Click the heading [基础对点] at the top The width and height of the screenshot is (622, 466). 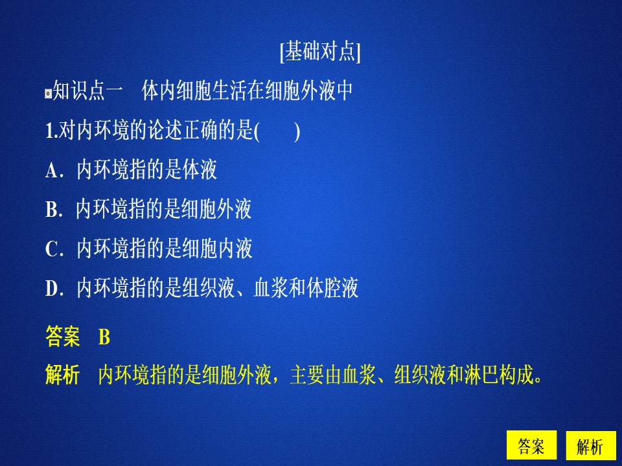pyautogui.click(x=320, y=52)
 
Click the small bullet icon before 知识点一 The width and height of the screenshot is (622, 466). pyautogui.click(x=48, y=93)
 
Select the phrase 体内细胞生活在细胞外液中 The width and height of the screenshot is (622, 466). pyautogui.click(x=247, y=91)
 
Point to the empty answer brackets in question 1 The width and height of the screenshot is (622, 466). pyautogui.click(x=277, y=131)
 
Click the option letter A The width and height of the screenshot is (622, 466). pyautogui.click(x=52, y=171)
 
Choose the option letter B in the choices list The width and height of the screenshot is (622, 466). pyautogui.click(x=52, y=210)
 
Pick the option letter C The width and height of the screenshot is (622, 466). pyautogui.click(x=52, y=249)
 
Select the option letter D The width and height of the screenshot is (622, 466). pyautogui.click(x=52, y=289)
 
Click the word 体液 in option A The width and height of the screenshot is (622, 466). pyautogui.click(x=200, y=170)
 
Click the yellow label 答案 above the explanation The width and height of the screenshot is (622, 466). pyautogui.click(x=63, y=337)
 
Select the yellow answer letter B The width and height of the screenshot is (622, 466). pyautogui.click(x=104, y=337)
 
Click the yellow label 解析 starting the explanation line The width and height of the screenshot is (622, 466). pyautogui.click(x=63, y=375)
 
